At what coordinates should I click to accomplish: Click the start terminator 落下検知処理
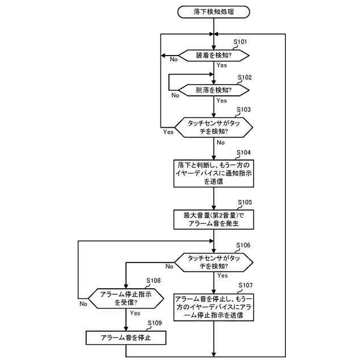click(x=213, y=12)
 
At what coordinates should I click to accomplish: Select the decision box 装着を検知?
click(x=214, y=56)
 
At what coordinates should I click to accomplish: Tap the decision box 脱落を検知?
click(x=214, y=90)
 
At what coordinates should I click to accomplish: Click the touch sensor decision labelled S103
click(x=214, y=127)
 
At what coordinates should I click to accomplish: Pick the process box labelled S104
click(x=214, y=174)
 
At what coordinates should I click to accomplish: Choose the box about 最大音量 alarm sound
click(x=214, y=220)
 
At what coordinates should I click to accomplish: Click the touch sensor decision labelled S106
click(x=214, y=262)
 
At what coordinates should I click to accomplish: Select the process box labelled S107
click(x=214, y=307)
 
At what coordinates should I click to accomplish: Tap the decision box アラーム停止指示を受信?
click(x=126, y=298)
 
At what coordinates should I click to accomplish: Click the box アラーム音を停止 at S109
click(x=126, y=338)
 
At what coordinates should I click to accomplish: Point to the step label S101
click(x=240, y=42)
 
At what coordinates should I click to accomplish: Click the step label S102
click(x=244, y=78)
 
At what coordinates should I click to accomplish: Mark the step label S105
click(x=245, y=202)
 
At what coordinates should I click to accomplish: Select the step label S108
click(x=154, y=281)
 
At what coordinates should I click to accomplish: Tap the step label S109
click(x=155, y=323)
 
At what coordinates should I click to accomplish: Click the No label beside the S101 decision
click(x=174, y=60)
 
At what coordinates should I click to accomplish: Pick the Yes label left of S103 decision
click(x=168, y=132)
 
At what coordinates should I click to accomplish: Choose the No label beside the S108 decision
click(x=83, y=303)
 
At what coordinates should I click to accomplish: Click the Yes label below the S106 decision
click(x=222, y=276)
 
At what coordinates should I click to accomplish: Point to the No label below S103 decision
click(x=221, y=142)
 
